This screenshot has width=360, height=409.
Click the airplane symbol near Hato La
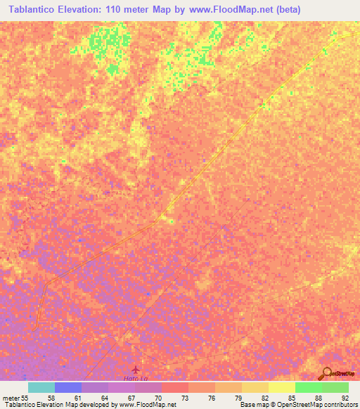point(136,369)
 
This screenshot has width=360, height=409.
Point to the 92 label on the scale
point(345,398)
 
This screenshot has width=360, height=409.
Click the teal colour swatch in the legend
point(41,387)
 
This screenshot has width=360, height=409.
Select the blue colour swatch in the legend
point(67,387)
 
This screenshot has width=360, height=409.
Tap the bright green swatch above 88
point(308,387)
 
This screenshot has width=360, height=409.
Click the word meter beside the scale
point(10,398)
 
